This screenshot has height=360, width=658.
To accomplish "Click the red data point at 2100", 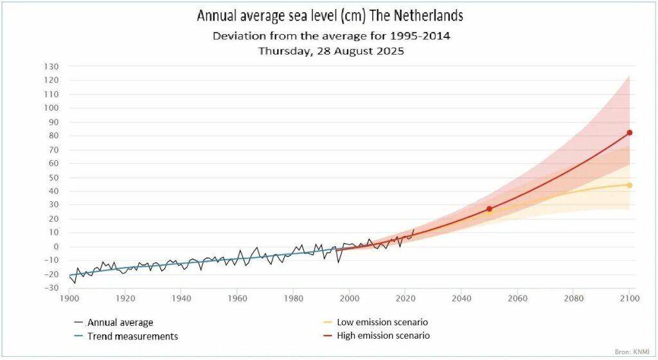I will click(x=630, y=132).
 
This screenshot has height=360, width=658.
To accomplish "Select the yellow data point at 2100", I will click(x=630, y=185).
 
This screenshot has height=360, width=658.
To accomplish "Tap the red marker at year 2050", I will click(x=489, y=209).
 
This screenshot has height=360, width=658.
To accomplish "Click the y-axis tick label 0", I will click(x=56, y=246).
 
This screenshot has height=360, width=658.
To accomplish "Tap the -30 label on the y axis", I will click(x=52, y=287).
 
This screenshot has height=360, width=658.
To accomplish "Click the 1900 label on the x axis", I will click(x=69, y=298).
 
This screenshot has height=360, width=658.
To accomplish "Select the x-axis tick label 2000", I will click(x=350, y=298).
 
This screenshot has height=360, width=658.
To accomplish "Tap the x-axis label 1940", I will click(x=181, y=298).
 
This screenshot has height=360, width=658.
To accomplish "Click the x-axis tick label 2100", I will click(x=629, y=298).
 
